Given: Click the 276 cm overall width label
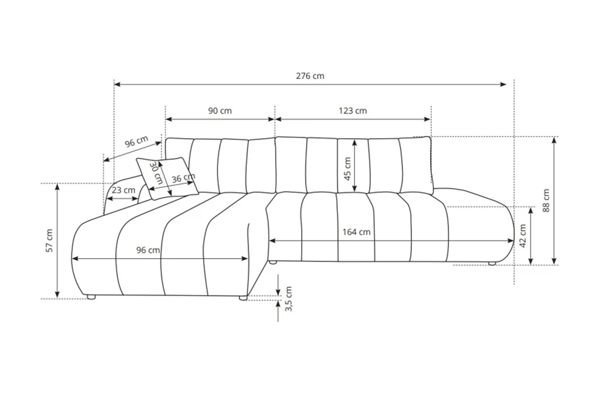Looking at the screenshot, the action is [x=310, y=76].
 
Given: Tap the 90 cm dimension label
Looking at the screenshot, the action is [x=220, y=110].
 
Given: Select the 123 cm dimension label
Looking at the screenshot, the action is [x=353, y=110].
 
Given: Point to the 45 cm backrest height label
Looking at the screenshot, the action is [x=348, y=169].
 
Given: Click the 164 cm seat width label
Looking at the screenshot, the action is [x=356, y=232].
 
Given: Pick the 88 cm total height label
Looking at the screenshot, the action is [x=546, y=200].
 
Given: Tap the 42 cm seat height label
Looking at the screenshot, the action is [x=523, y=236].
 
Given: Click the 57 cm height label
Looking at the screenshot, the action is [x=49, y=241].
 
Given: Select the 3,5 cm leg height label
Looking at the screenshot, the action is [x=289, y=299].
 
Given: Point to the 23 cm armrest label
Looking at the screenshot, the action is [x=123, y=190].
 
